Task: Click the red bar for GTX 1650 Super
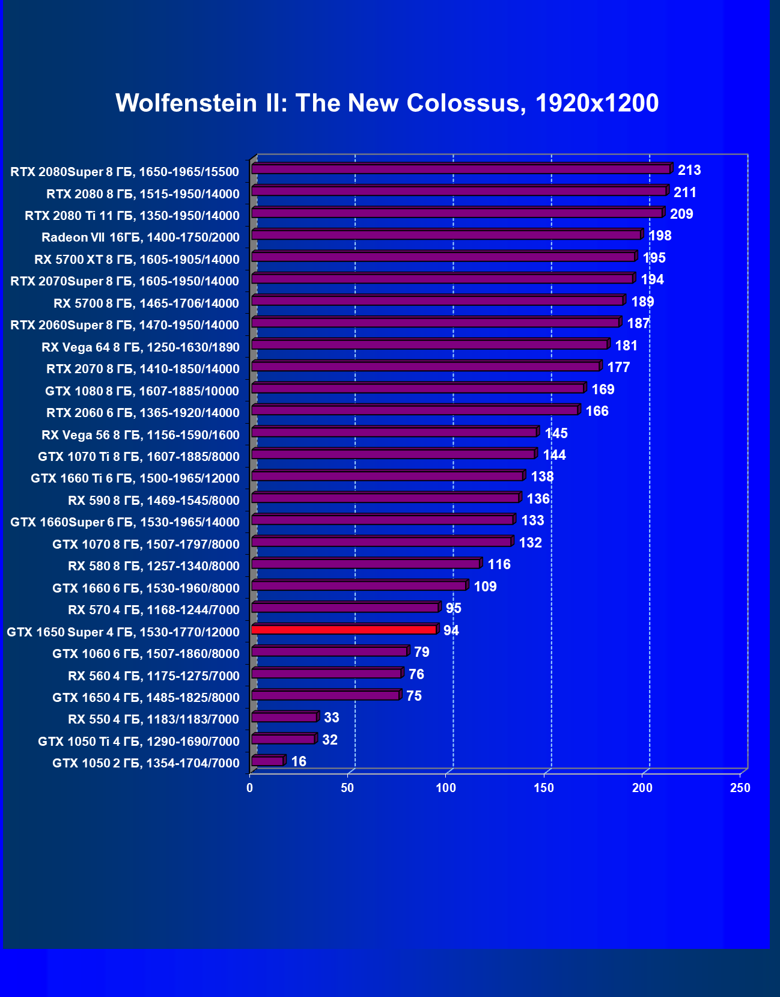[344, 629]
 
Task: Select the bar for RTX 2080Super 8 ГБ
[461, 169]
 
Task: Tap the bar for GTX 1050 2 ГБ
[268, 761]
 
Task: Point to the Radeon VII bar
[446, 234]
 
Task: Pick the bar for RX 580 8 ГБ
[366, 564]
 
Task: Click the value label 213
[689, 170]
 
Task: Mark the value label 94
[451, 630]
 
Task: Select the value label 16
[299, 761]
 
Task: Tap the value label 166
[597, 411]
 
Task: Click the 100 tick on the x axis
[446, 788]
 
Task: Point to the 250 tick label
[740, 788]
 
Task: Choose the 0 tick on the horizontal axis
[250, 788]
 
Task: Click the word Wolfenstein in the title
[186, 103]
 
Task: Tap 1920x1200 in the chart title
[597, 103]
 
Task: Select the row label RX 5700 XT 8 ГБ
[137, 260]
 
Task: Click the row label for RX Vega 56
[141, 435]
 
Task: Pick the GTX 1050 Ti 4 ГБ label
[139, 742]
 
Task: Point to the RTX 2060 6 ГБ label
[143, 413]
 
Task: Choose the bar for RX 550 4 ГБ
[285, 717]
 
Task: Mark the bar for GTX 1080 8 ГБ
[418, 388]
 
